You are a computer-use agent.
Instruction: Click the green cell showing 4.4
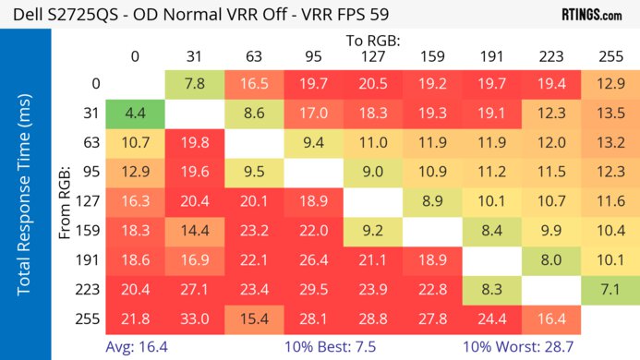(136, 114)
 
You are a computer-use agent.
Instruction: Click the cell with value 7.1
(610, 289)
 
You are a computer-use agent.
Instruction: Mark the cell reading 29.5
(313, 289)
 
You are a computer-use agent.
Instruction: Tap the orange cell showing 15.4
(254, 318)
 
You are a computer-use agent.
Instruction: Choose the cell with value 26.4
(313, 259)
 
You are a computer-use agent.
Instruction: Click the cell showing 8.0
(551, 259)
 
